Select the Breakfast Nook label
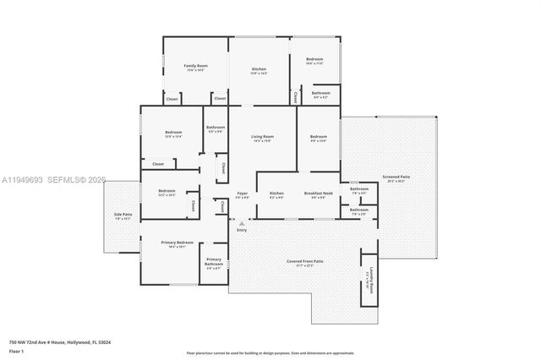point(319,194)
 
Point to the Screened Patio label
point(398,177)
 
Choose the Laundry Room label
point(368,279)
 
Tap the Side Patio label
point(123,215)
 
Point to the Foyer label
point(243,194)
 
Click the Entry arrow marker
point(242,223)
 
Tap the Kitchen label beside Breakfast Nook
point(276,194)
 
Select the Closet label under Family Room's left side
point(172,98)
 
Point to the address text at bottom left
point(60,342)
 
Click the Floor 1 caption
point(16,351)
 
